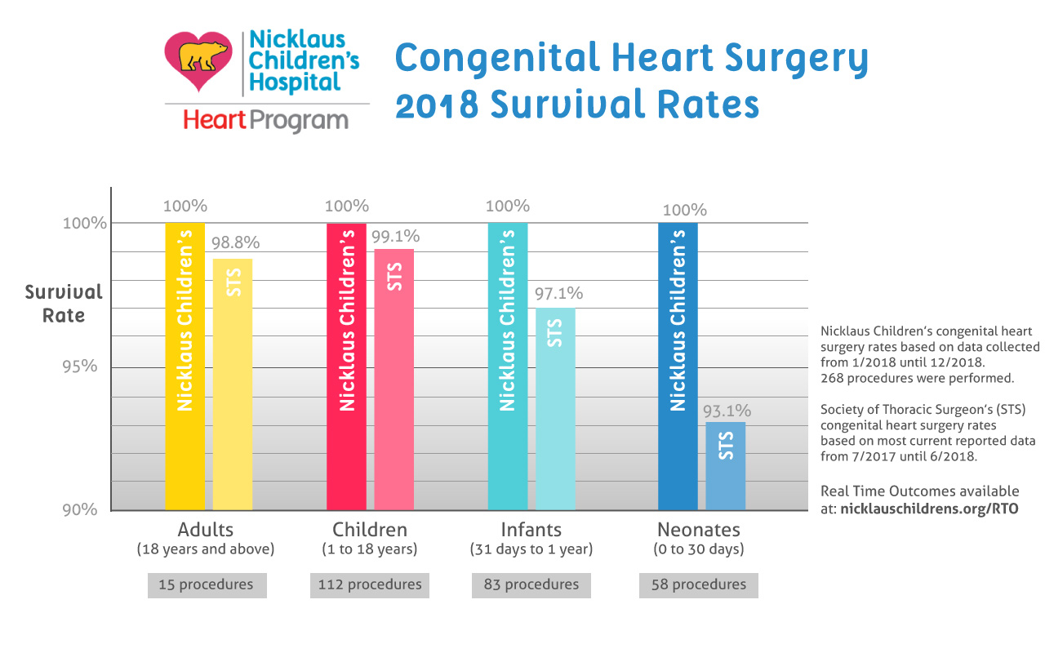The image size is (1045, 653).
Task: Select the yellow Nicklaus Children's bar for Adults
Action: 185,367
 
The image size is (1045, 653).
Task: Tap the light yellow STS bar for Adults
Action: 233,384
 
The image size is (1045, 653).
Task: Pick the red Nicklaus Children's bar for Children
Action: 346,367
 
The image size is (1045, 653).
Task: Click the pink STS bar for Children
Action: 394,380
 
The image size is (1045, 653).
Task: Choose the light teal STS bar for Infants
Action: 555,408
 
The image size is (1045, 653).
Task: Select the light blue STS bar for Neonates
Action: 726,465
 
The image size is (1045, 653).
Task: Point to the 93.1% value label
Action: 726,411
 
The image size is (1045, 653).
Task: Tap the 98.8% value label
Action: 235,242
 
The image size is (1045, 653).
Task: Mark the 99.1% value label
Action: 395,237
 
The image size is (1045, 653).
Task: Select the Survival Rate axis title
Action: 64,304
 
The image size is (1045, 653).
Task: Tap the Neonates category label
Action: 698,529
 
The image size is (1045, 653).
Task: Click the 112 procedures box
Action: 369,584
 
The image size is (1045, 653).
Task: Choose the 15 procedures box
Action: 207,584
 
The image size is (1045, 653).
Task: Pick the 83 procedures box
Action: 531,584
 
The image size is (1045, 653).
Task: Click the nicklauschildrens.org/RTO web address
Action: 930,508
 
